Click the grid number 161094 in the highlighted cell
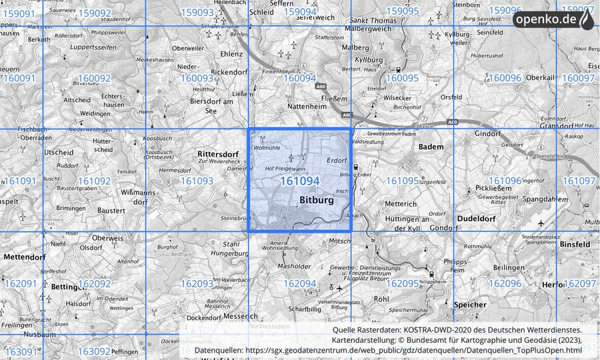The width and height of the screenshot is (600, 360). point(299,181)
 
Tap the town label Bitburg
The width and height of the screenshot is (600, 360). point(317,200)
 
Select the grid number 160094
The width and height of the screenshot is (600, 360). point(299,78)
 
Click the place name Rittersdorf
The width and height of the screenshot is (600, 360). point(218,153)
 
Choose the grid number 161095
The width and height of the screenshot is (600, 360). point(402,181)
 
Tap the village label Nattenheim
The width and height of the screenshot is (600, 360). point(305,106)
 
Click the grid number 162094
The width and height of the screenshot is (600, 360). point(299,283)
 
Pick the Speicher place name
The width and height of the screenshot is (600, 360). point(470,305)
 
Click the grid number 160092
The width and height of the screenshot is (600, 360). point(94,78)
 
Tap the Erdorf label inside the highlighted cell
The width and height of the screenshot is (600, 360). point(337,161)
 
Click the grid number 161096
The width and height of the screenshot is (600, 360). point(505,181)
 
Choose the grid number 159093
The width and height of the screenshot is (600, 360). point(197,12)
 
